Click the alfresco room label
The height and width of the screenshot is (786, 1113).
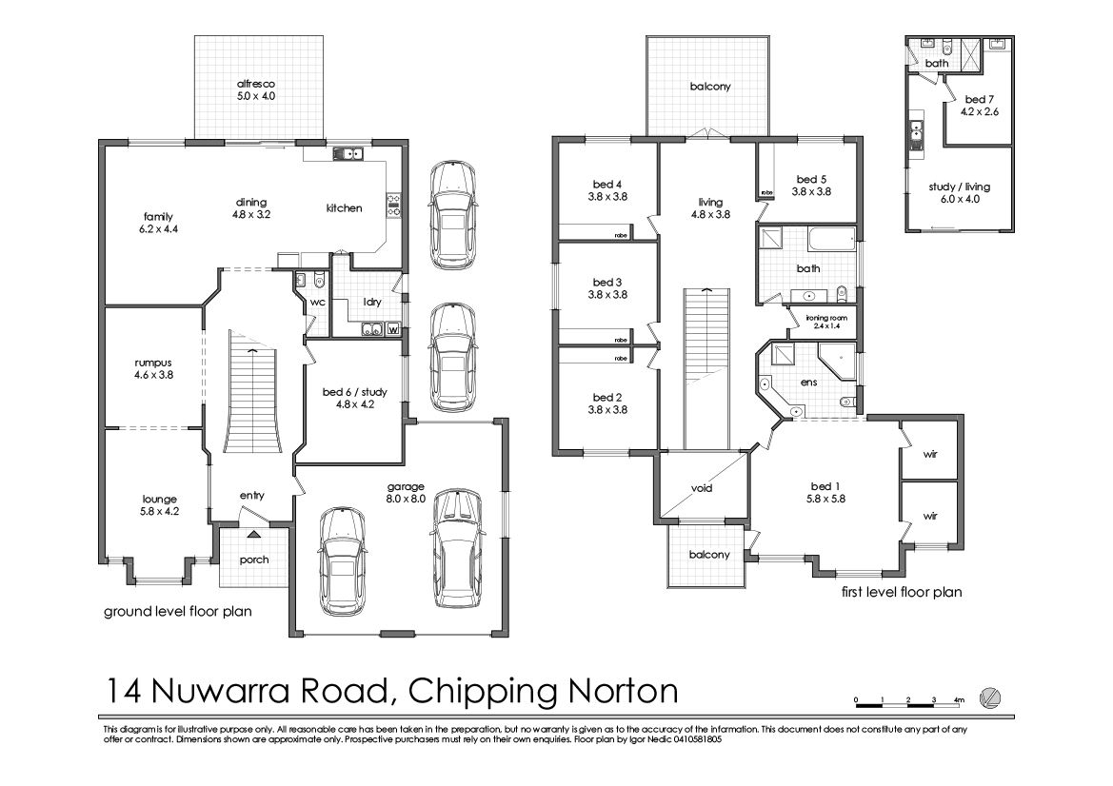click(x=255, y=84)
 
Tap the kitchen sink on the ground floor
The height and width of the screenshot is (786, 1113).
click(x=348, y=153)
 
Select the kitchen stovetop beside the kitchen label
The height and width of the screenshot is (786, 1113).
click(x=394, y=205)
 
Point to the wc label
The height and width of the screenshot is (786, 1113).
click(x=317, y=303)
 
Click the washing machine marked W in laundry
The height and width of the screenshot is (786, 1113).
click(x=392, y=329)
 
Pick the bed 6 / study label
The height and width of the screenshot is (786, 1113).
click(x=355, y=392)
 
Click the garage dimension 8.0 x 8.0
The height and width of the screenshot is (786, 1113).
click(x=406, y=499)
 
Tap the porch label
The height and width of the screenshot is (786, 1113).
click(x=254, y=560)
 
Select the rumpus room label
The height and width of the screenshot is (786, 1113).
click(x=153, y=364)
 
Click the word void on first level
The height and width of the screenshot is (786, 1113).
click(x=702, y=488)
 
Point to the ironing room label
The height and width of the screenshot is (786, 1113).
click(x=827, y=318)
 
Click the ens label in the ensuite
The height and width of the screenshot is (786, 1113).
click(x=808, y=383)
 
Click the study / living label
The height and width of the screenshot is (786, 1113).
click(x=959, y=187)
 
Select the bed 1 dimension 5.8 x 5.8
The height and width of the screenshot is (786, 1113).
click(x=825, y=499)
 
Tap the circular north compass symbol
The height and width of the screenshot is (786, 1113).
click(x=989, y=698)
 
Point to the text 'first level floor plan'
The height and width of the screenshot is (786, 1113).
click(x=902, y=592)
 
